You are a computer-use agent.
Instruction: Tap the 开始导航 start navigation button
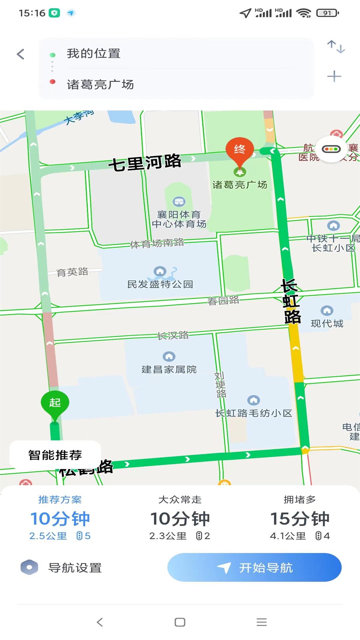click(254, 567)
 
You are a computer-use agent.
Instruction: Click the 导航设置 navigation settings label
click(75, 568)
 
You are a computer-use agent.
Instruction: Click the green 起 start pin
click(55, 403)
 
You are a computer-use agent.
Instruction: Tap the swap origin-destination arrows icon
click(336, 47)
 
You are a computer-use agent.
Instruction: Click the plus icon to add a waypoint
click(334, 76)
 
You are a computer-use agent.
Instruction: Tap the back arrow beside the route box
click(21, 54)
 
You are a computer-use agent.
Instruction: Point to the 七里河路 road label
click(145, 163)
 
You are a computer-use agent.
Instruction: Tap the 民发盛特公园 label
click(160, 284)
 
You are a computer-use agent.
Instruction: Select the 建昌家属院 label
click(169, 369)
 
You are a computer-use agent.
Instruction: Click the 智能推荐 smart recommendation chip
click(55, 455)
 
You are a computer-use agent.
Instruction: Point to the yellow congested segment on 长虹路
click(296, 353)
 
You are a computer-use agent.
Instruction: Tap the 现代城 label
click(327, 323)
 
